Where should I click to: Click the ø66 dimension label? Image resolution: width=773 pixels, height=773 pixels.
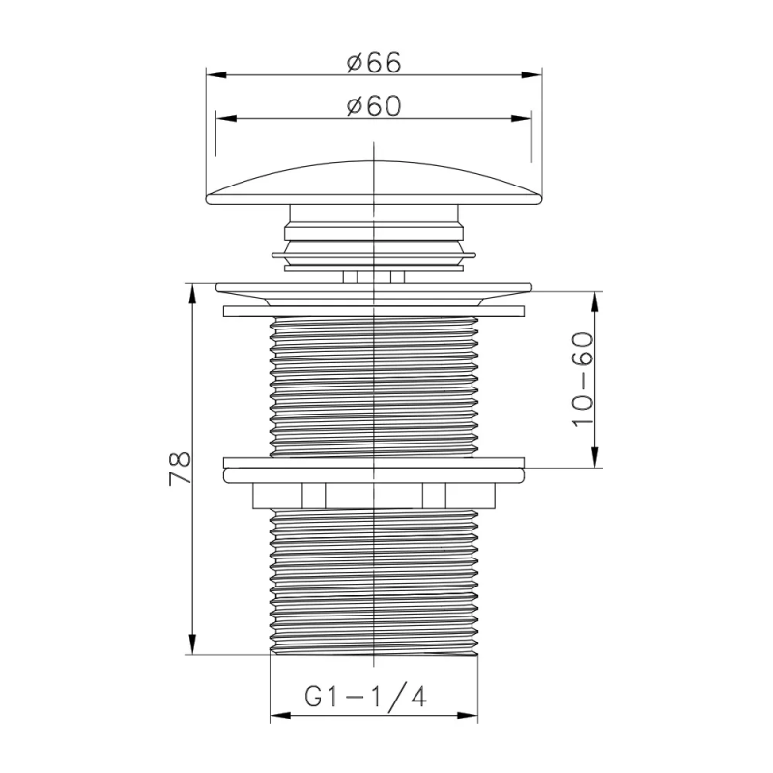click(374, 63)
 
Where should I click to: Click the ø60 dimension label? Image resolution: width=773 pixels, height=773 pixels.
click(374, 105)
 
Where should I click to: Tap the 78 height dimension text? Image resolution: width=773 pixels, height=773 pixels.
click(181, 469)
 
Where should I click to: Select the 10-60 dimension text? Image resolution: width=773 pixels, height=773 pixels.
click(583, 380)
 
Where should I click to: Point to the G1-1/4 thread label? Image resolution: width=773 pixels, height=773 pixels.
click(365, 697)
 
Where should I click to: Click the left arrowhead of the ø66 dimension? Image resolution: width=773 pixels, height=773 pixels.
click(216, 75)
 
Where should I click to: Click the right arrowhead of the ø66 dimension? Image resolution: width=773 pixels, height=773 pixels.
click(531, 75)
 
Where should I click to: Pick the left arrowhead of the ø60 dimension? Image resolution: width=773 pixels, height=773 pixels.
click(227, 118)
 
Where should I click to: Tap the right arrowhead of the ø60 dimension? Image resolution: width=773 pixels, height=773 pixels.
click(522, 118)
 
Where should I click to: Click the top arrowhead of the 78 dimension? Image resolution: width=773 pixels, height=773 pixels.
click(192, 294)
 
